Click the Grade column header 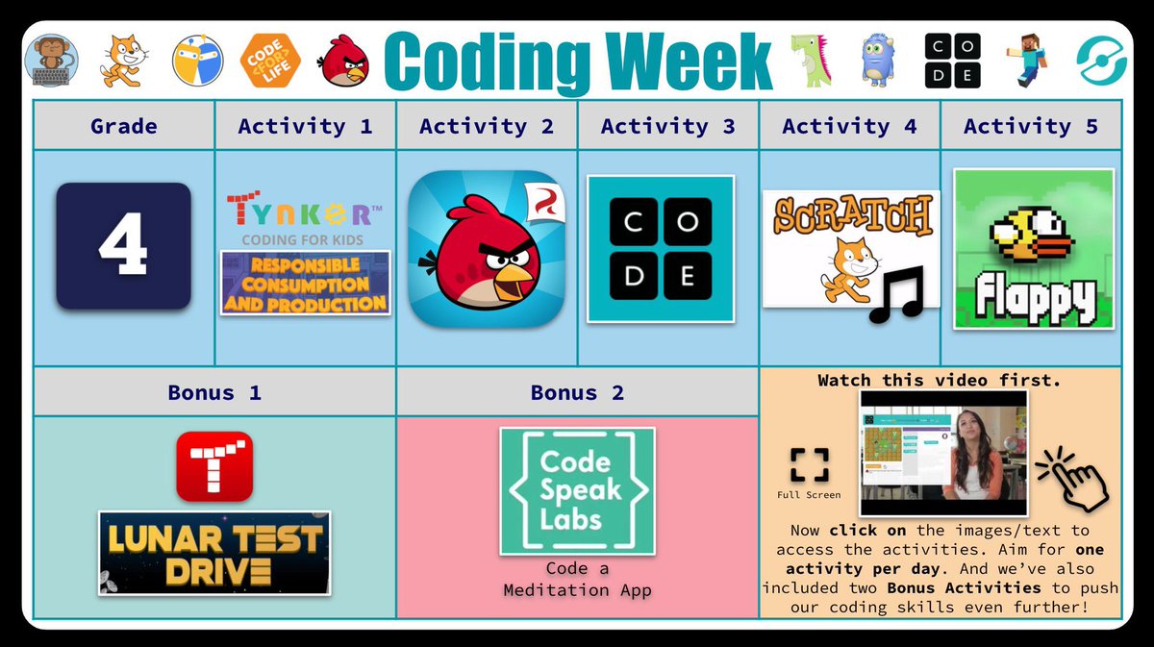pyautogui.click(x=123, y=126)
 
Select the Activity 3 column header pyautogui.click(x=667, y=126)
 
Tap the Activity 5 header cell pyautogui.click(x=1030, y=126)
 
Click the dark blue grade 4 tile pyautogui.click(x=123, y=246)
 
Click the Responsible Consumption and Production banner pyautogui.click(x=305, y=283)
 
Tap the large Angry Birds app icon pyautogui.click(x=487, y=249)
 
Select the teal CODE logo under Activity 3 pyautogui.click(x=661, y=248)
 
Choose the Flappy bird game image pyautogui.click(x=1034, y=249)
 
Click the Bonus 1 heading pyautogui.click(x=213, y=393)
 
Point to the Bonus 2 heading pyautogui.click(x=577, y=393)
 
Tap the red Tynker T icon pyautogui.click(x=214, y=466)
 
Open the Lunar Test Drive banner pyautogui.click(x=213, y=553)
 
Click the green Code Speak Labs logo pyautogui.click(x=577, y=491)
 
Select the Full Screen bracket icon pyautogui.click(x=809, y=464)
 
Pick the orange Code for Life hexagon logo pyautogui.click(x=270, y=61)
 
